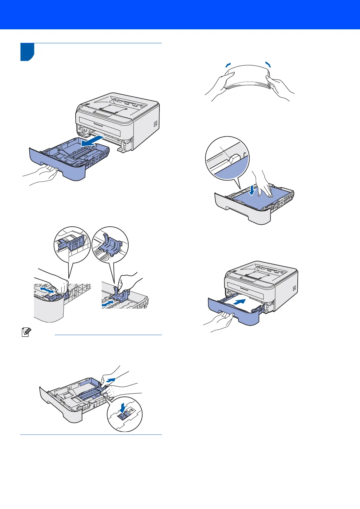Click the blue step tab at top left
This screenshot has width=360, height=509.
[27, 52]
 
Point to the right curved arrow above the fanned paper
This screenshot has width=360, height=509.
[268, 64]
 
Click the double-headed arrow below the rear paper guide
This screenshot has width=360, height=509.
[109, 303]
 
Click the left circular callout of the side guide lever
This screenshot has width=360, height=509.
[72, 245]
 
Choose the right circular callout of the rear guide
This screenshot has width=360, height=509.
[110, 245]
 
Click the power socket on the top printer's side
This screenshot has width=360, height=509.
[155, 124]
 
